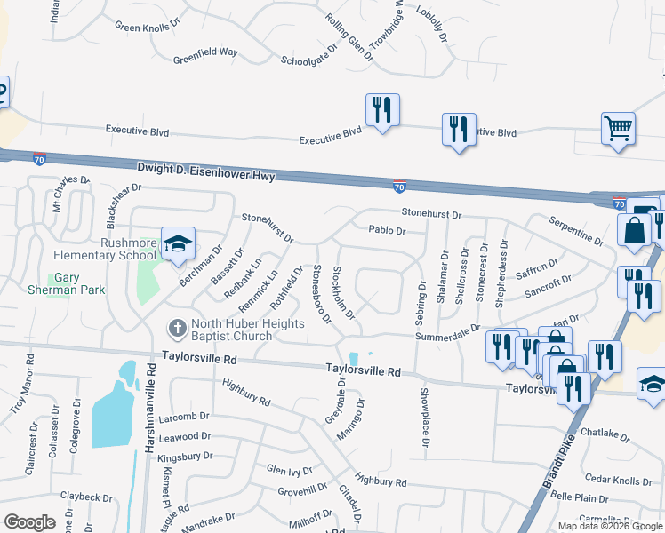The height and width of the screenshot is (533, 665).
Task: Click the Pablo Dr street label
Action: tap(387, 231)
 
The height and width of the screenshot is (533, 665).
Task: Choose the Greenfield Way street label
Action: tap(205, 52)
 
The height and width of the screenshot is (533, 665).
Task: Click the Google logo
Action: tap(29, 522)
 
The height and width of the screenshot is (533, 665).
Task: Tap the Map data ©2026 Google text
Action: tap(610, 526)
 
